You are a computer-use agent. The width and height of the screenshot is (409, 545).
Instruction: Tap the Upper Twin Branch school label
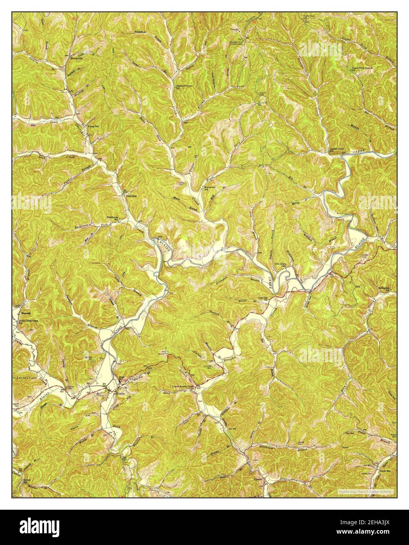tap(362, 68)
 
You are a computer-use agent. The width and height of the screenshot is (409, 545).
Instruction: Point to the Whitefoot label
tap(140, 31)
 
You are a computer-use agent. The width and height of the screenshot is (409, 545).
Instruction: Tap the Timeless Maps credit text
tap(366, 490)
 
